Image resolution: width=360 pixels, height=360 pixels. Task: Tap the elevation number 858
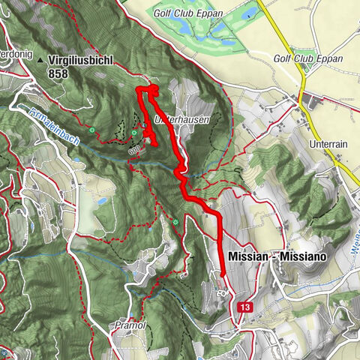[x=59, y=75]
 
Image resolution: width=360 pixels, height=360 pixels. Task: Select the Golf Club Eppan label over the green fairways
[x=184, y=13]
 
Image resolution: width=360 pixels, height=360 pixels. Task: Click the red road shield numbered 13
[x=244, y=307]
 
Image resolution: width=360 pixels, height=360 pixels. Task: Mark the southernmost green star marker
[x=175, y=222]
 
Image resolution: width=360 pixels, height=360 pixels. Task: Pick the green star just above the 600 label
[x=134, y=134]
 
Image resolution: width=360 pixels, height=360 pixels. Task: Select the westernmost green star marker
[x=92, y=131]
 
